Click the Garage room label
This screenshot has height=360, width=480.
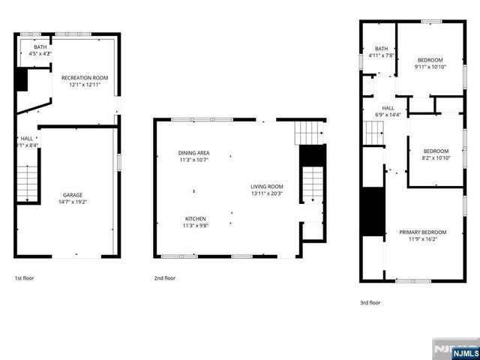pos(73,195)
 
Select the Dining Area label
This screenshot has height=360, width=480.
pos(193,152)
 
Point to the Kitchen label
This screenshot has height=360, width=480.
pos(196,218)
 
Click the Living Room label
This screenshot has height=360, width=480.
pos(266,187)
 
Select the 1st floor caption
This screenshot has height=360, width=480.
pos(25,278)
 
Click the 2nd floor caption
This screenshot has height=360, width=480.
pos(165,278)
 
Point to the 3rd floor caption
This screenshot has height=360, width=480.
pos(370,303)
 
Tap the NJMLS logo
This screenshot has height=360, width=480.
pos(454,350)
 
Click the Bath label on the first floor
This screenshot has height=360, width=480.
pos(40,46)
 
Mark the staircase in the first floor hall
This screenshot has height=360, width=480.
pos(27,184)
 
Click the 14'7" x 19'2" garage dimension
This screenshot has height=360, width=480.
pos(73,202)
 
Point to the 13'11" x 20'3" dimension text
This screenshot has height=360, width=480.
pos(266,194)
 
